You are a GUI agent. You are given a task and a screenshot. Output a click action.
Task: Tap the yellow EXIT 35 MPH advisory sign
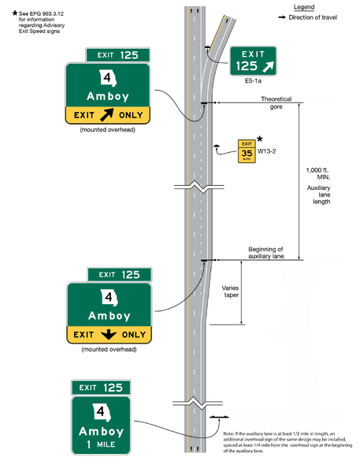click(x=247, y=151)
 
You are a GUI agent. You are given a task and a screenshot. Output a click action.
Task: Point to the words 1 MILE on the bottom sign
click(x=101, y=445)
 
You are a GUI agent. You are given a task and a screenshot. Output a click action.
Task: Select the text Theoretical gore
click(x=276, y=102)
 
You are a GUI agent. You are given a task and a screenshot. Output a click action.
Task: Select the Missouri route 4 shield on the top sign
click(x=108, y=80)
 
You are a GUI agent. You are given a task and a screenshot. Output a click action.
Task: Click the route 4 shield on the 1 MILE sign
click(x=101, y=412)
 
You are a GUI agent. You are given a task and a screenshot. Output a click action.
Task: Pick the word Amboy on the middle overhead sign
click(x=109, y=315)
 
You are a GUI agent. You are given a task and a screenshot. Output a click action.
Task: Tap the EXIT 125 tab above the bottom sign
click(x=101, y=388)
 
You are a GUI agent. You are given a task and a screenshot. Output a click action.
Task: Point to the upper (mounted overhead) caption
click(x=109, y=128)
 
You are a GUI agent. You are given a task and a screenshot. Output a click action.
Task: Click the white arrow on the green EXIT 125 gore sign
click(x=269, y=65)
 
